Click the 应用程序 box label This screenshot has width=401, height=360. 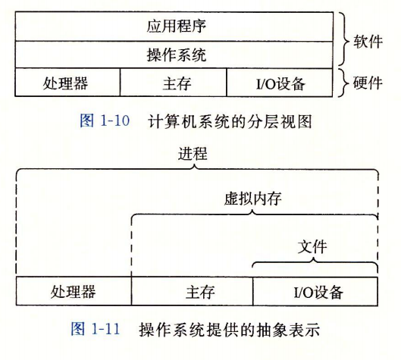coord(176,26)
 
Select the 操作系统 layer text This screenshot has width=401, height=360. coord(176,55)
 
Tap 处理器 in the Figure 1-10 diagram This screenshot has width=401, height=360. coord(65,83)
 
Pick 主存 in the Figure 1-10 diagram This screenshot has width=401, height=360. coord(177,83)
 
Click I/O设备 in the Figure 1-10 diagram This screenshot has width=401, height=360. coord(280,84)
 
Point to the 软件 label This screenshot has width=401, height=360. coord(368,41)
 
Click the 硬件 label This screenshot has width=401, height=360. coord(368,83)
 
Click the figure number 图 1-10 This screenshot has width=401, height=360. coord(105,121)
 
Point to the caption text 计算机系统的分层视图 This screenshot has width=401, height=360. coord(230,121)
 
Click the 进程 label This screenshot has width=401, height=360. coord(193,154)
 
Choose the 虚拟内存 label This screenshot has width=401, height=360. coord(253,199)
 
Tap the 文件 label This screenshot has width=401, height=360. coord(312,247)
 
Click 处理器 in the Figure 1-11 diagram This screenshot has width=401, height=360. coord(73,292)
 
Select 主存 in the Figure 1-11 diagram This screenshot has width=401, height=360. coord(200,292)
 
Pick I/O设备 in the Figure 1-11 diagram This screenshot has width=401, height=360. coord(318,292)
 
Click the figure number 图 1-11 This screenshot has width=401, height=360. coord(96,329)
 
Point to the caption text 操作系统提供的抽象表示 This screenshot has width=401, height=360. coord(230,330)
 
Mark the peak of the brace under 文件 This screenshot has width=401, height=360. coord(314,258)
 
